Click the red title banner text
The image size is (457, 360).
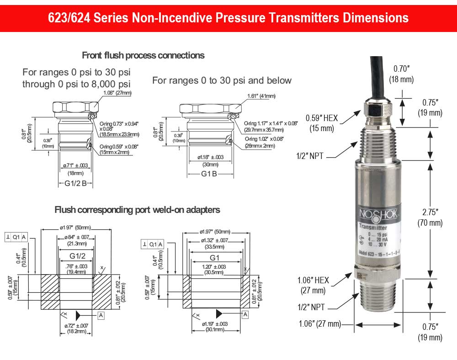pyautogui.click(x=228, y=18)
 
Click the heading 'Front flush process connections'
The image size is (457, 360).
pyautogui.click(x=143, y=55)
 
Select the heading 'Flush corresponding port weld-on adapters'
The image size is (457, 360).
pyautogui.click(x=137, y=210)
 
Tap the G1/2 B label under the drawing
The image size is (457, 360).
pyautogui.click(x=75, y=184)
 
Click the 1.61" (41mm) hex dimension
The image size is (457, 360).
pyautogui.click(x=261, y=96)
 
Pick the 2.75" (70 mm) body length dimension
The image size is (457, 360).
pyautogui.click(x=430, y=217)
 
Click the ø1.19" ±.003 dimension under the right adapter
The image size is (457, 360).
pyautogui.click(x=215, y=327)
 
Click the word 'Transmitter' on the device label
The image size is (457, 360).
pyautogui.click(x=373, y=228)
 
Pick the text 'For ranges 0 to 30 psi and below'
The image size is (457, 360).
pyautogui.click(x=222, y=80)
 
